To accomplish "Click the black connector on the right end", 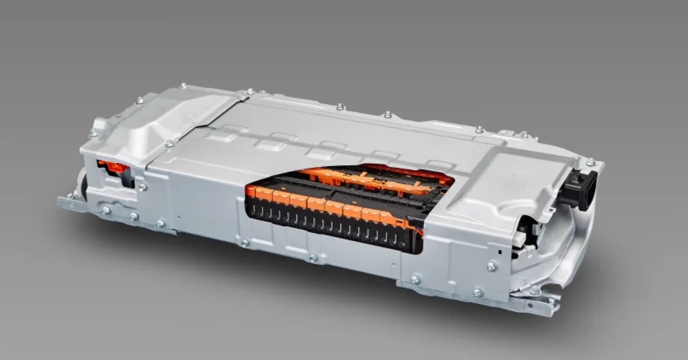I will [580, 190].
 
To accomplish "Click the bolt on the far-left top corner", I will [92, 132].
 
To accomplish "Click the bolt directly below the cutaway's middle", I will [313, 258].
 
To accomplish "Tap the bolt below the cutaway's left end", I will [245, 242].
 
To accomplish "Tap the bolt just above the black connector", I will [591, 162].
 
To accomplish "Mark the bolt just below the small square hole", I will [491, 266].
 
